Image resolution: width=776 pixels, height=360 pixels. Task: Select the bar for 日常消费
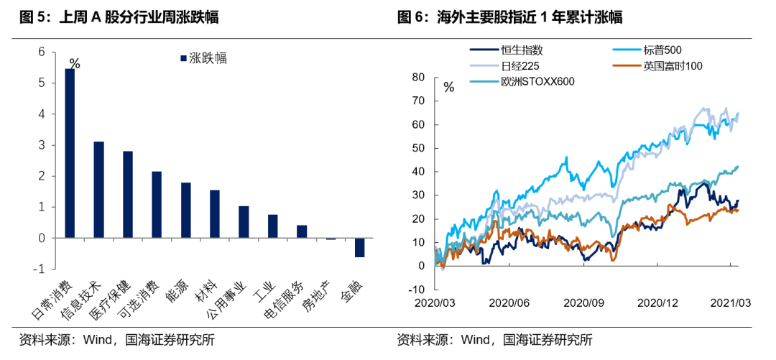click(x=70, y=153)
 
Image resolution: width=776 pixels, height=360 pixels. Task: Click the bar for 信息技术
click(x=99, y=190)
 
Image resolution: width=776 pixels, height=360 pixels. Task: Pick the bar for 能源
click(x=185, y=210)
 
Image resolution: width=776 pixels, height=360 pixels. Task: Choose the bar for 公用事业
click(x=243, y=222)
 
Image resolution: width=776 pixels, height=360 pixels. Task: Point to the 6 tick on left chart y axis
click(x=41, y=52)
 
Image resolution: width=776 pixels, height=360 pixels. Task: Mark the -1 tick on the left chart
click(x=40, y=269)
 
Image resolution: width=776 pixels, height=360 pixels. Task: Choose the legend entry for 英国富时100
click(x=662, y=66)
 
